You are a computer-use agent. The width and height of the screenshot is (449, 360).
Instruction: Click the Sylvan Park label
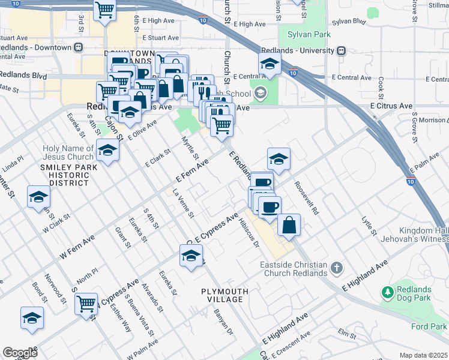tap(309, 35)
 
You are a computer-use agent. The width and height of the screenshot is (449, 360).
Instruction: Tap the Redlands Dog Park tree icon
tap(387, 293)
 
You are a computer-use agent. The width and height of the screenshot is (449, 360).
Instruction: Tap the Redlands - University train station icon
tap(342, 50)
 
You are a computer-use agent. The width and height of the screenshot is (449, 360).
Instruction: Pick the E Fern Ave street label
tap(192, 171)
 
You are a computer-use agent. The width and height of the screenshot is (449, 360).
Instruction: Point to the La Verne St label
tap(184, 204)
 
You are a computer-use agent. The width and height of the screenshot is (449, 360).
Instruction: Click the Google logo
tap(20, 352)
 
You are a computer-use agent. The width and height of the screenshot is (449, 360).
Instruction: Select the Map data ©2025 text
tap(423, 355)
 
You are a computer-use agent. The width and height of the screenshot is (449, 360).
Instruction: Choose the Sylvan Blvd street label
tap(348, 21)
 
